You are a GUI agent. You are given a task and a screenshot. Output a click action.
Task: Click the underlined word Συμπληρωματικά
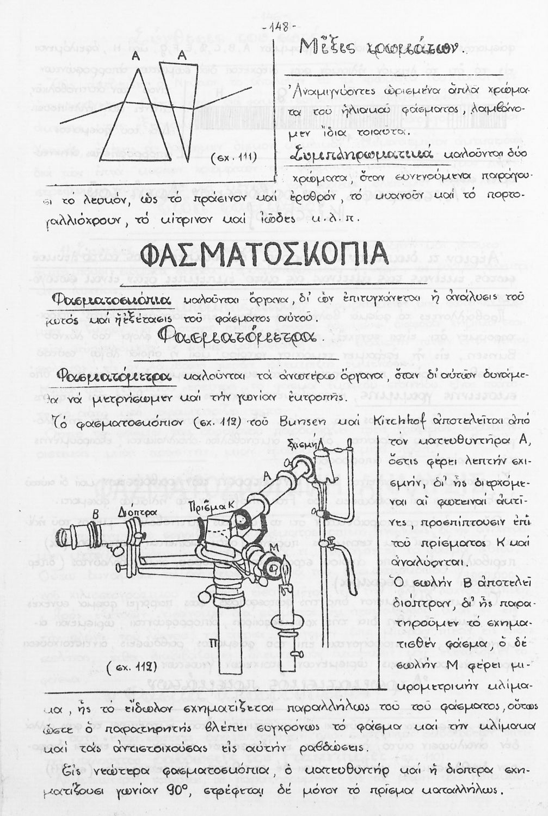click(x=361, y=155)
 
